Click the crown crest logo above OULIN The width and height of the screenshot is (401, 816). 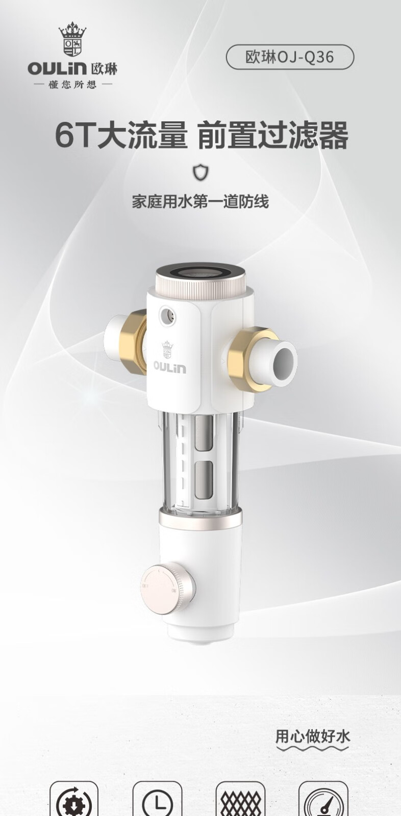[72, 39]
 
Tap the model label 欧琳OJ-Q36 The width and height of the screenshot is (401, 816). [290, 57]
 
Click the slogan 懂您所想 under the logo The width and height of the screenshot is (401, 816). [72, 85]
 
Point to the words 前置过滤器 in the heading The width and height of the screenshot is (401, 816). [272, 136]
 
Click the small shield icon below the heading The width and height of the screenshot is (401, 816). [201, 172]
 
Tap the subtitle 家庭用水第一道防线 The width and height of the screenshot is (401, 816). [200, 201]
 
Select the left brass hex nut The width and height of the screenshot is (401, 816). [134, 342]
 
